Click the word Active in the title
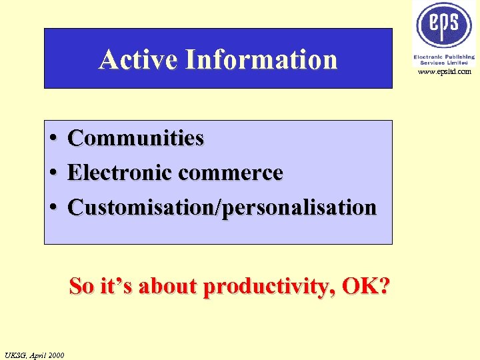tap(138, 59)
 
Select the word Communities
tap(135, 138)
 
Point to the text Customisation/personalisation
tap(222, 207)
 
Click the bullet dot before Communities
tap(52, 139)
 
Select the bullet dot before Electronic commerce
tap(52, 173)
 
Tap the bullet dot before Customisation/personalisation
tap(52, 208)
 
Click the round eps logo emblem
tap(444, 25)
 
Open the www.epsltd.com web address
tap(445, 71)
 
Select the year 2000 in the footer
tap(56, 355)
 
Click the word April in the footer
tap(37, 355)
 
